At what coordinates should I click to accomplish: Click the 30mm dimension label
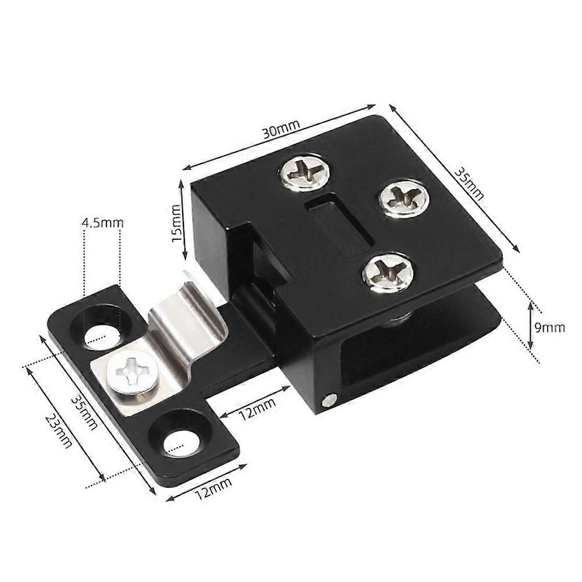281,130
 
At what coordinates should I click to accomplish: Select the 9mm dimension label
550,327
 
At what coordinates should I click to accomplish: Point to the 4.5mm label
102,222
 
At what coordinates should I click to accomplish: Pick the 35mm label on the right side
469,184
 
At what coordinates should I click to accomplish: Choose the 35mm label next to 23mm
84,412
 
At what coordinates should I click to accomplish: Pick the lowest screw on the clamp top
388,272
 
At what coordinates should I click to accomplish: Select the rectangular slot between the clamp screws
340,227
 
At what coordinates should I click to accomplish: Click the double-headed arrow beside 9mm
530,326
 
